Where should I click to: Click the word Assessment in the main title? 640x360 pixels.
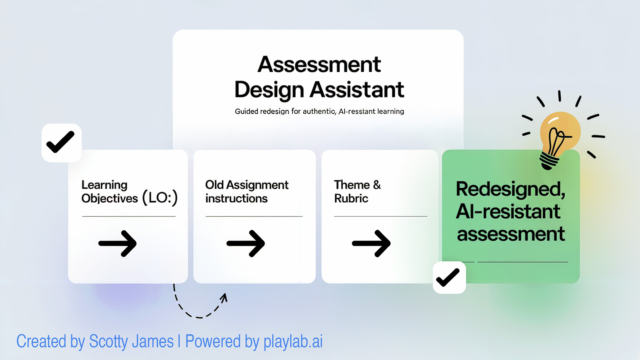tap(319, 64)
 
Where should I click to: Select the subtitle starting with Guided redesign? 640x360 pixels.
tap(319, 111)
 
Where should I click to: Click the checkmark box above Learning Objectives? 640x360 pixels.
tap(61, 143)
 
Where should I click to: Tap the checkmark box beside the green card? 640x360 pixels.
tap(449, 277)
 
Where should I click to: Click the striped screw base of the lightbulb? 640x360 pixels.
tap(549, 161)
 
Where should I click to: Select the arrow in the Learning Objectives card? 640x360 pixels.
tap(117, 243)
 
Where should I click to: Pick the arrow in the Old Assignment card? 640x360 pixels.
tap(246, 243)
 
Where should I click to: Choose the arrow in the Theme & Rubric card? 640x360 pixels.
tap(371, 243)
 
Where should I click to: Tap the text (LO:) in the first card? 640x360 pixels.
tap(160, 198)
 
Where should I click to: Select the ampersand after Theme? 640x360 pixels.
tap(377, 185)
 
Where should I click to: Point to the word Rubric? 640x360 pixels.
tap(351, 198)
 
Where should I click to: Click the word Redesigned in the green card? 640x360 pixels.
tap(511, 189)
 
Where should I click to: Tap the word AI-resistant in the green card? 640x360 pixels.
tap(508, 211)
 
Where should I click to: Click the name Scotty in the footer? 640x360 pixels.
tap(108, 342)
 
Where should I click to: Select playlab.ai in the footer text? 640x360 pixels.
tap(293, 342)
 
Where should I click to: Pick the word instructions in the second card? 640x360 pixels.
tap(236, 198)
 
